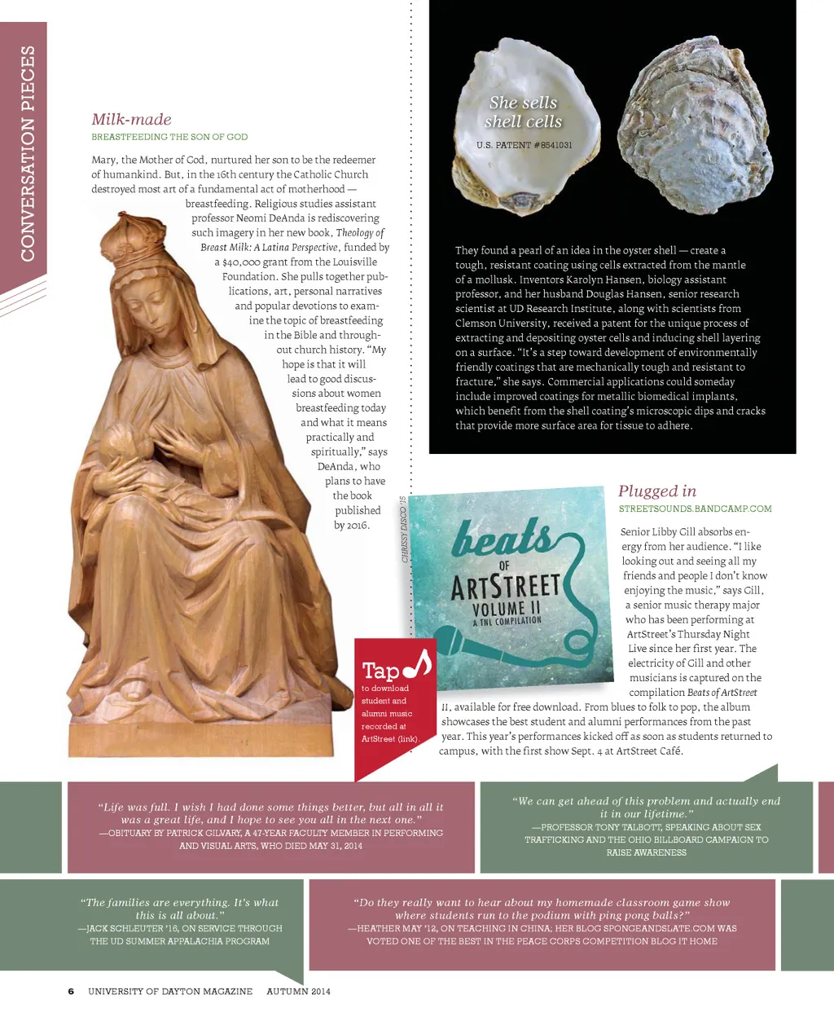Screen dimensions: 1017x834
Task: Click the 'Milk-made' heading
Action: coord(131,119)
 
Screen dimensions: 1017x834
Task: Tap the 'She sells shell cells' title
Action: coord(523,112)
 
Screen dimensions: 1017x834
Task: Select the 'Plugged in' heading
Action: coord(656,491)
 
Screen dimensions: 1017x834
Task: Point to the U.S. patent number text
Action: coord(524,145)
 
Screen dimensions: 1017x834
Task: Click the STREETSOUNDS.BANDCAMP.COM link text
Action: coord(695,508)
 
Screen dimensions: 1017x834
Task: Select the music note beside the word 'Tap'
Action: coord(418,664)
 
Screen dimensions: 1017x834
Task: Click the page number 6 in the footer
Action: coord(71,992)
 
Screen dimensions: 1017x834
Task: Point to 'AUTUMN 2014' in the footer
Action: coord(298,992)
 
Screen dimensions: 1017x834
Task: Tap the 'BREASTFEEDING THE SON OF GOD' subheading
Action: coord(169,137)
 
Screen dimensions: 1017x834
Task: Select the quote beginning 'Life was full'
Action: coord(270,813)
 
